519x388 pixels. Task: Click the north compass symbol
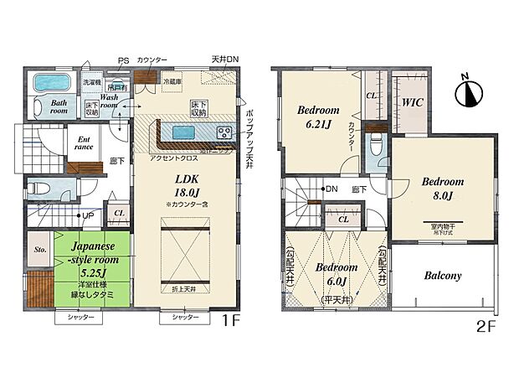click(469, 90)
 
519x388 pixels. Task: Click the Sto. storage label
click(39, 248)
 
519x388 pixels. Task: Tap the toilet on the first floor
click(45, 188)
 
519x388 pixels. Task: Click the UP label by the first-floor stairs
click(87, 215)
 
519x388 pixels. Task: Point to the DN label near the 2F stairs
click(331, 189)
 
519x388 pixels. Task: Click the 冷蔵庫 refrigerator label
click(172, 81)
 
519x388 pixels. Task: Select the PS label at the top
click(123, 59)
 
